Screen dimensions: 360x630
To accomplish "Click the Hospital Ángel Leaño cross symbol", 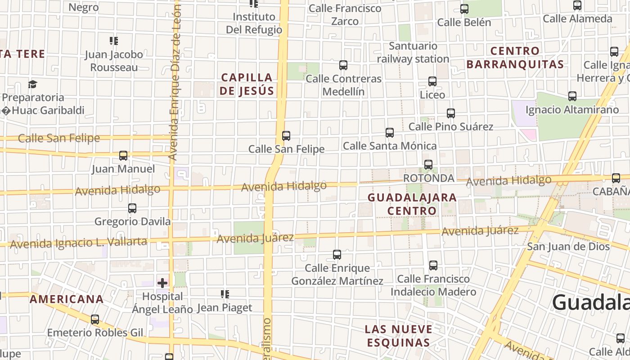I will point(162,283).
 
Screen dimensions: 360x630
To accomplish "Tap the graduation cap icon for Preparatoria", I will point(32,84).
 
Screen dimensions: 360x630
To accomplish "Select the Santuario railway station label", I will point(413,52).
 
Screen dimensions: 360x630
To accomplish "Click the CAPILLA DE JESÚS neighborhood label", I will point(247,84).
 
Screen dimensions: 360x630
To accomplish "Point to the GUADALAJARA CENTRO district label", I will point(412,204).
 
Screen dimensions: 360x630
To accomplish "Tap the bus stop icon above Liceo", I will point(432,81).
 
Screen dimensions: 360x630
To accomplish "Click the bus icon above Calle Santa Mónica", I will point(390,133).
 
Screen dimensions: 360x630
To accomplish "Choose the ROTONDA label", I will point(428,178).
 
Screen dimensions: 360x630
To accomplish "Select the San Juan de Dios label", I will point(568,246).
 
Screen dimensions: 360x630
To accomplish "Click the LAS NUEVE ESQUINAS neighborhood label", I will point(398,336).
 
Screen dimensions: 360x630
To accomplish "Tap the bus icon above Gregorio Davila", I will point(132,208).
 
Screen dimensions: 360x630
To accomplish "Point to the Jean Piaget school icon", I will point(225,294).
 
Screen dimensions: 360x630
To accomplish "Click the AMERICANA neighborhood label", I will point(67,299).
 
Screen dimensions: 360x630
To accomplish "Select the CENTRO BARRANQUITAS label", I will point(515,58).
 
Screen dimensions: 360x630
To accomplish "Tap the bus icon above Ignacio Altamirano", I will point(572,96).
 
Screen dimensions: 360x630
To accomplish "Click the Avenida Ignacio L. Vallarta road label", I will point(78,243).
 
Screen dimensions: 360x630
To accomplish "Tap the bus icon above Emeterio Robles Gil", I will point(95,319).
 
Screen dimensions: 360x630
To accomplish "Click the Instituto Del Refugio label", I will point(254,23).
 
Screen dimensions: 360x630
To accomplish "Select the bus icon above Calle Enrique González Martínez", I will point(337,255).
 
